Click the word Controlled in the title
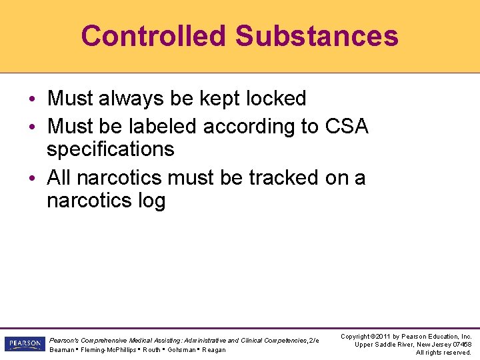click(x=153, y=36)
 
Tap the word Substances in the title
click(x=317, y=36)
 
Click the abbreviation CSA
click(x=347, y=126)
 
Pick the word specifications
click(x=110, y=149)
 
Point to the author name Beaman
click(x=61, y=349)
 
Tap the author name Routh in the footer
click(x=151, y=349)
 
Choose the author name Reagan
click(x=214, y=349)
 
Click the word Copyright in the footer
click(x=357, y=337)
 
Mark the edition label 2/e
click(x=313, y=341)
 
